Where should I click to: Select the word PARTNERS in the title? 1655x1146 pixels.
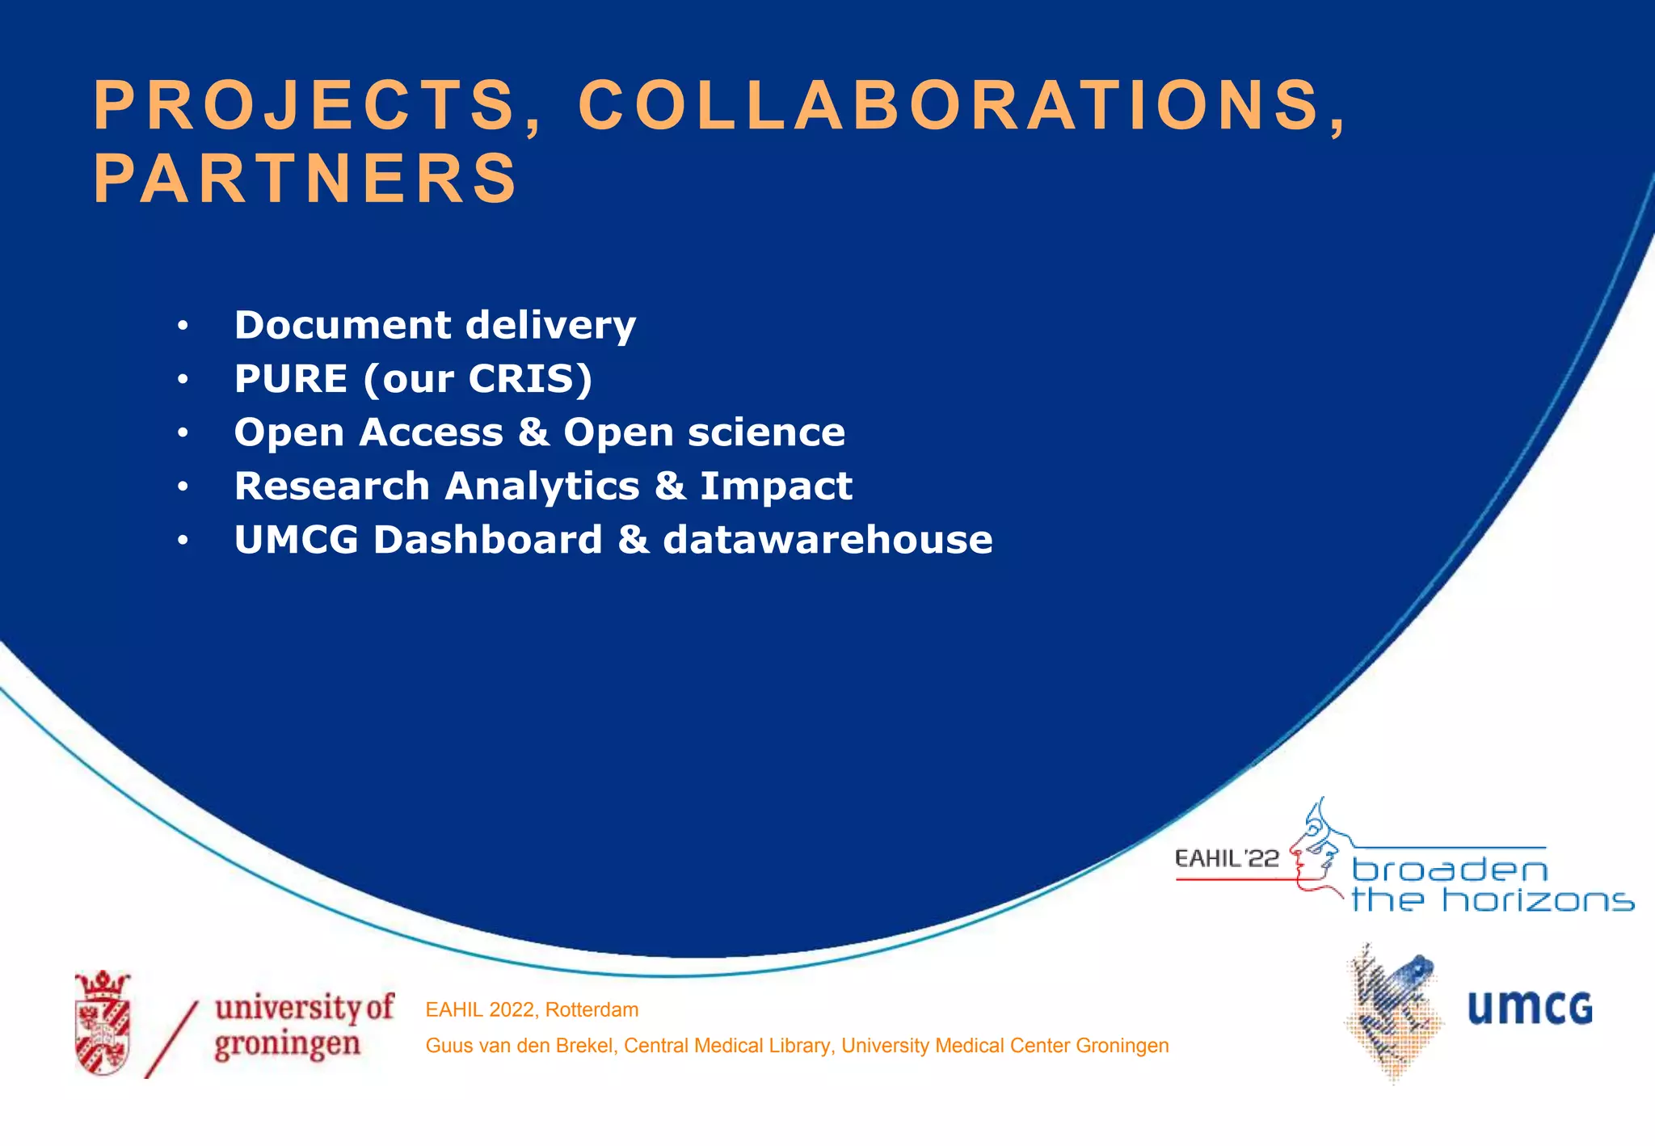coord(305,179)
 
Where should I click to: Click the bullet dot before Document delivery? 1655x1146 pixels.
coord(183,326)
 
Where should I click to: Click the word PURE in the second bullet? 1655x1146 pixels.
coord(291,379)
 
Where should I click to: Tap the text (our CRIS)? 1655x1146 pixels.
coord(478,379)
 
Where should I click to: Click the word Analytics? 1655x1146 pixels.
coord(542,487)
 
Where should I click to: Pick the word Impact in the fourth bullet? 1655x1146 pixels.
coord(776,487)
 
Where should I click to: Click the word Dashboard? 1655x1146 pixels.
coord(487,540)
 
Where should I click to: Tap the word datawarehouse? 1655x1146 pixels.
coord(827,540)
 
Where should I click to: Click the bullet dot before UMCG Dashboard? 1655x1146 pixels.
coord(183,540)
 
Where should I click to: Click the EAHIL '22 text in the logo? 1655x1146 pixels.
coord(1227,858)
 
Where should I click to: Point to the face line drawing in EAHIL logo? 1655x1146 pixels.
coord(1316,849)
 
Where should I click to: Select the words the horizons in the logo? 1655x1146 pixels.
coord(1492,900)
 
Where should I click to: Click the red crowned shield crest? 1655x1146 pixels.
coord(103,1023)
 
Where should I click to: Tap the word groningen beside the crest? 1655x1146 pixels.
coord(287,1045)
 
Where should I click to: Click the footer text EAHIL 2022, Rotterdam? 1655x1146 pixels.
coord(532,1009)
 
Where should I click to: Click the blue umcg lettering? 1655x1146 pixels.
coord(1529,1009)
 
